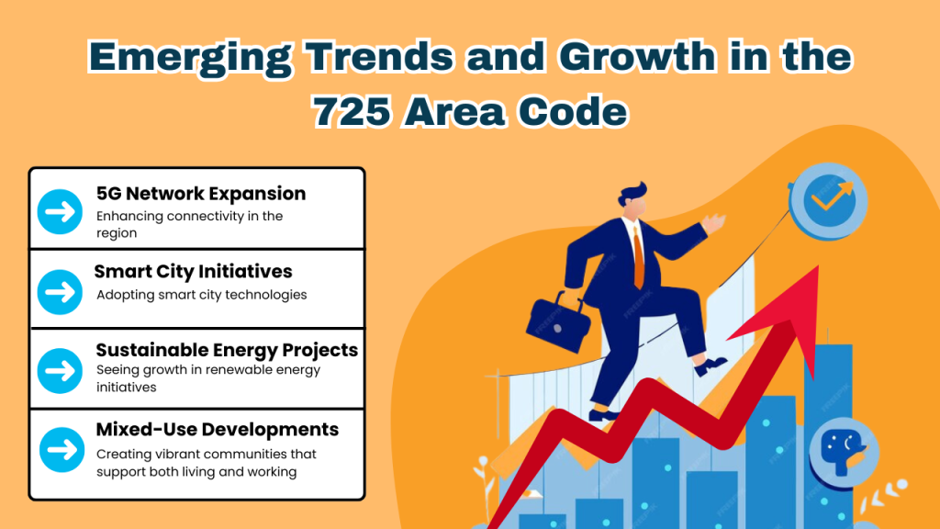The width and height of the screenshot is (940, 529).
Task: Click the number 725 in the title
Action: point(357,112)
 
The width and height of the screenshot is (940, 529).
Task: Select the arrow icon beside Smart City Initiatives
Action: point(61,291)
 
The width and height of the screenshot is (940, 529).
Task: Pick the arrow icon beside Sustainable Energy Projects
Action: point(61,369)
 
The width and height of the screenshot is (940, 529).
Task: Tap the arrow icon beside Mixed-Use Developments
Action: point(61,450)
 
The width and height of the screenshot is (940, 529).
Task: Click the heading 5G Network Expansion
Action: point(201,194)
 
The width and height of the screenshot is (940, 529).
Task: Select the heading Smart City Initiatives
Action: point(194,272)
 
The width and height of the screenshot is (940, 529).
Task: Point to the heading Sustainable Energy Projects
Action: point(227,350)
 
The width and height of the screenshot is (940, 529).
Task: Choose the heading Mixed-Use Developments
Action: point(218,430)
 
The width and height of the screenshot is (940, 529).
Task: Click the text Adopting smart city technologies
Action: point(201,295)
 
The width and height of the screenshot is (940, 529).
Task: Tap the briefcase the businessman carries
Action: point(554,318)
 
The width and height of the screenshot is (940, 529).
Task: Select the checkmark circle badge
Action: point(828,199)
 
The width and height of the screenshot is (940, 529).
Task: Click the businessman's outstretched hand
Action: point(712,223)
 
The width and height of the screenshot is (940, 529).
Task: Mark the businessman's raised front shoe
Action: point(712,366)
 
